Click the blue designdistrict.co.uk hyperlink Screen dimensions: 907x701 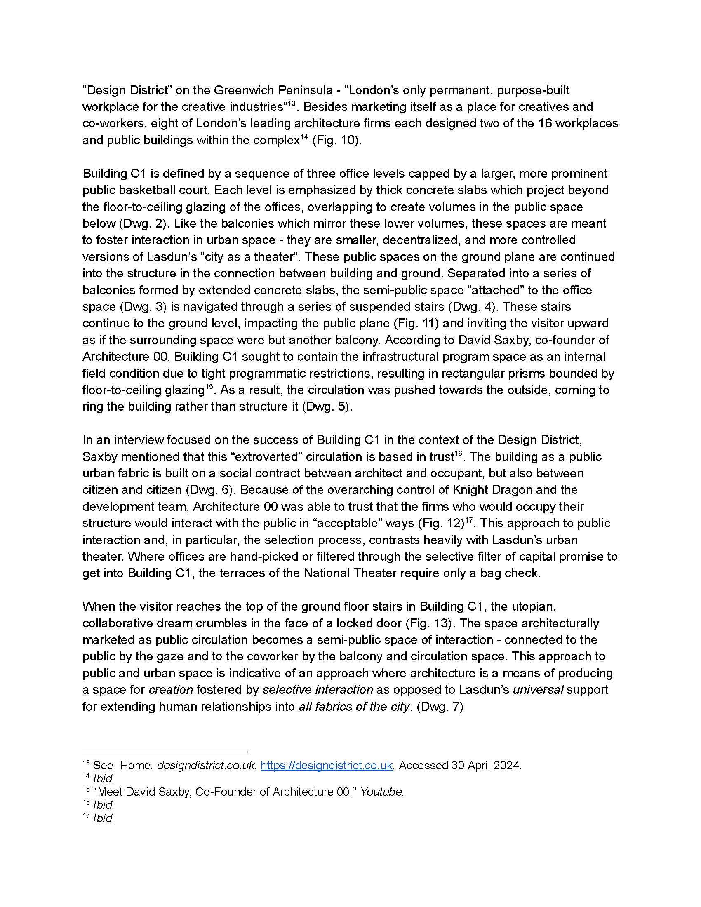pos(327,766)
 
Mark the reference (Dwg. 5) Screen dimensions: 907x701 pos(327,407)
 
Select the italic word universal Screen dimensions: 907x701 pos(538,690)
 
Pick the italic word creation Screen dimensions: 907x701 pos(171,690)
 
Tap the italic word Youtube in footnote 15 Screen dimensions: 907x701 pos(382,792)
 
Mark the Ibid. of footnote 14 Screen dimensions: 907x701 pos(104,779)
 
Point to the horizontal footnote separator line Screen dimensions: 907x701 pos(165,752)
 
